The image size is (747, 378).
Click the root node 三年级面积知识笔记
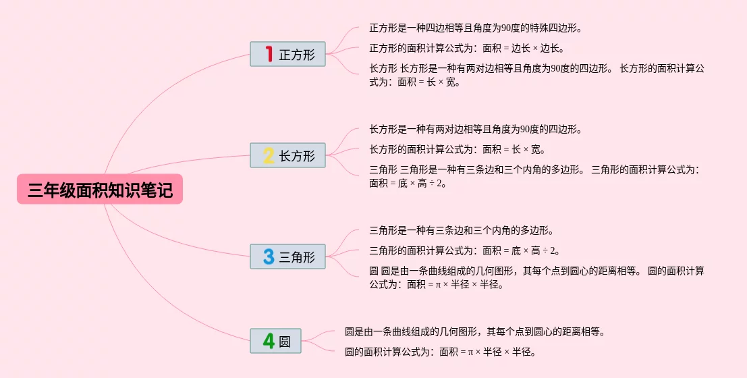pyautogui.click(x=100, y=189)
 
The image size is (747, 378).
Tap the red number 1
pyautogui.click(x=269, y=54)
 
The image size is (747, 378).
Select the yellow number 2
pyautogui.click(x=269, y=155)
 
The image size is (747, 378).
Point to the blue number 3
pyautogui.click(x=269, y=256)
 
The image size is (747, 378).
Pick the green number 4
pyautogui.click(x=269, y=341)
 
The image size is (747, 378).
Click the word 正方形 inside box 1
pyautogui.click(x=297, y=55)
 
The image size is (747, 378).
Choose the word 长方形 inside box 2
pyautogui.click(x=297, y=156)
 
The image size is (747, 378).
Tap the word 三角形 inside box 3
pyautogui.click(x=297, y=257)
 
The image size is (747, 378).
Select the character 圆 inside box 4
pyautogui.click(x=284, y=342)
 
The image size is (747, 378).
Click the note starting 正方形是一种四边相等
pyautogui.click(x=476, y=28)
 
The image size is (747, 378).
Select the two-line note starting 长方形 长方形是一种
pyautogui.click(x=536, y=75)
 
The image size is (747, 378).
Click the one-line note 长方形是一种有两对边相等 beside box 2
pyautogui.click(x=476, y=129)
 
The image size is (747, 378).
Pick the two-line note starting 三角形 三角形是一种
pyautogui.click(x=534, y=176)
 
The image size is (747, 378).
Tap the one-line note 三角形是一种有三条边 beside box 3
pyautogui.click(x=462, y=231)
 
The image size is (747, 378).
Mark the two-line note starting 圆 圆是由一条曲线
pyautogui.click(x=536, y=277)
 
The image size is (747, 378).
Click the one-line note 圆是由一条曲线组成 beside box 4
pyautogui.click(x=475, y=332)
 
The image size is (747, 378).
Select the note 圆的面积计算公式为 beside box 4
pyautogui.click(x=441, y=352)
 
